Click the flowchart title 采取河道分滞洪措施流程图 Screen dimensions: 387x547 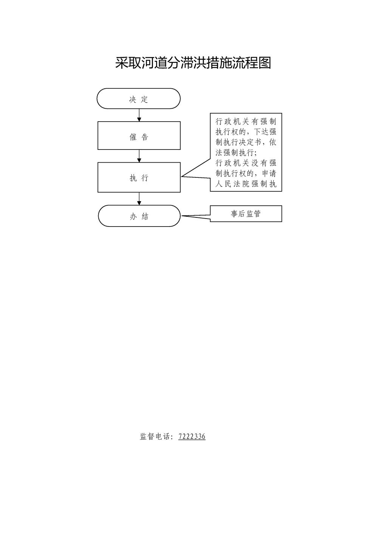[193, 63]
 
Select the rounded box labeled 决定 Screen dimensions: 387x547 [139, 99]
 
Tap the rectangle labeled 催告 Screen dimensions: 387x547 [139, 136]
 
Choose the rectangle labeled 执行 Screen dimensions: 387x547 [139, 177]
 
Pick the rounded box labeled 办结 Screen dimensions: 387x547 [139, 216]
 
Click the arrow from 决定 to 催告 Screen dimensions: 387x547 [139, 115]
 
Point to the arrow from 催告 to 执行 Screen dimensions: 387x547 [139, 156]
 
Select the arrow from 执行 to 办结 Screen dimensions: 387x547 [139, 199]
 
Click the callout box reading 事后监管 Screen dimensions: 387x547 [246, 214]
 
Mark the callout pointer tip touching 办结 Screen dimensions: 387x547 [181, 216]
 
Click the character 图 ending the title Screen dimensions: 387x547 [265, 63]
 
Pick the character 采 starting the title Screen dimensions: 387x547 [122, 63]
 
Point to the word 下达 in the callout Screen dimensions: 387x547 [261, 132]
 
